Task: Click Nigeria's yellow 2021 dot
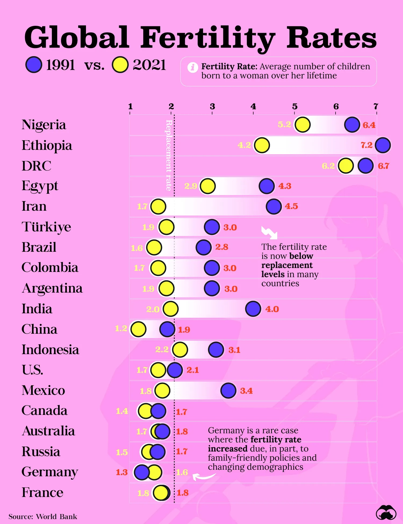tap(303, 125)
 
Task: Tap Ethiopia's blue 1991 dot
tap(383, 145)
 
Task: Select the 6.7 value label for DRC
tap(383, 166)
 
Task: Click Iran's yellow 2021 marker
tap(158, 206)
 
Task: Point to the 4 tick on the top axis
tap(253, 107)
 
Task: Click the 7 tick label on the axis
tap(376, 107)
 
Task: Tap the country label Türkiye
tap(46, 227)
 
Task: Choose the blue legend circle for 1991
tap(34, 65)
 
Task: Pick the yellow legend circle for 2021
tap(120, 65)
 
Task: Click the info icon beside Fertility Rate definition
tap(192, 67)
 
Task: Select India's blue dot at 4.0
tap(253, 309)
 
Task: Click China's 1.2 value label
tap(121, 328)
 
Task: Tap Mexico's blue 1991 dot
tap(228, 390)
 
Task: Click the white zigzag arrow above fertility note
tap(269, 233)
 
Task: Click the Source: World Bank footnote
tap(43, 516)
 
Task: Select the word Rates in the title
tap(331, 38)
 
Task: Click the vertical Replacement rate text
tap(169, 155)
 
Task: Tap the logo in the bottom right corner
tap(386, 513)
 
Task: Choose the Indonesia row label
tap(50, 350)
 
